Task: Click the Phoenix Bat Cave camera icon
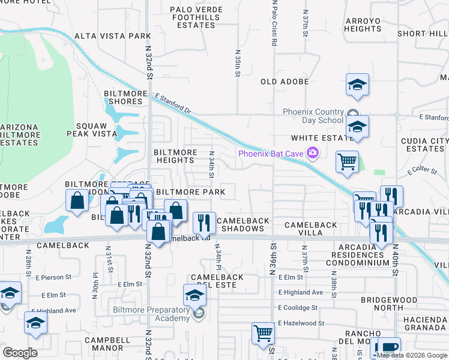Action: click(312, 154)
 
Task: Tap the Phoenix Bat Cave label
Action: click(271, 154)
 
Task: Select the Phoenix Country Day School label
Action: click(314, 116)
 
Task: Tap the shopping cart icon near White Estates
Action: click(347, 161)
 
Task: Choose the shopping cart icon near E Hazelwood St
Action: click(263, 332)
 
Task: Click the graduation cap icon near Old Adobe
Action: click(357, 85)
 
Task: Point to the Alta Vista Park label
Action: click(113, 36)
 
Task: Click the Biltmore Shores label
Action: click(123, 97)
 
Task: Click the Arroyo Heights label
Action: click(363, 25)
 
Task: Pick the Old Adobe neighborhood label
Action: click(285, 82)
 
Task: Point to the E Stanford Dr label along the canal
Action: click(172, 103)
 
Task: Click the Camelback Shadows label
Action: click(243, 225)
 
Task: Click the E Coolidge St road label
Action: click(298, 308)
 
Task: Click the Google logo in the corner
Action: click(20, 353)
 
